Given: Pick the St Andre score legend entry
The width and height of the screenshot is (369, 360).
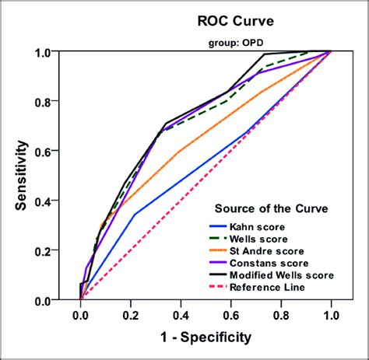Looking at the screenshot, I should (x=265, y=251).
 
